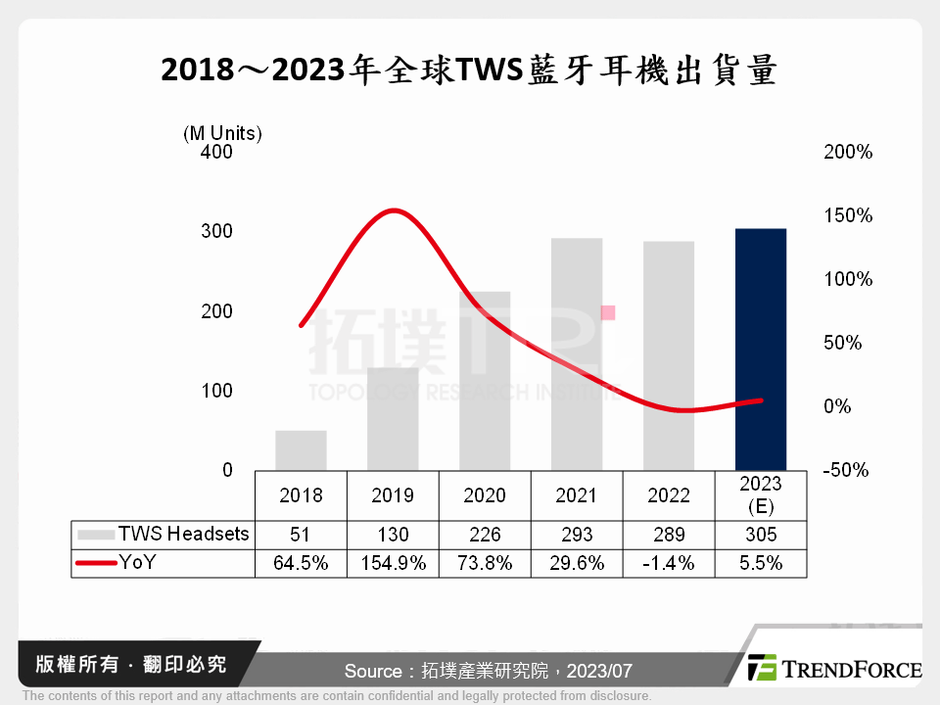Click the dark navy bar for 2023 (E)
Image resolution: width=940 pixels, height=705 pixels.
click(761, 350)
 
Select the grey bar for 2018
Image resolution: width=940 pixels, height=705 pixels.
click(301, 450)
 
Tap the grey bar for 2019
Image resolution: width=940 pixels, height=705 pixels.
click(393, 419)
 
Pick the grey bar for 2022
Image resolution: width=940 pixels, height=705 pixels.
click(669, 355)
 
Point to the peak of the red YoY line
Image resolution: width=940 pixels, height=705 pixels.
click(392, 211)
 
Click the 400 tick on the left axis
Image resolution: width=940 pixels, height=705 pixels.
click(218, 152)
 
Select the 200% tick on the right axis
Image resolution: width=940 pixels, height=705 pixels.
click(848, 152)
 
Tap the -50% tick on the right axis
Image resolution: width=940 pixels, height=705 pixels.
click(846, 470)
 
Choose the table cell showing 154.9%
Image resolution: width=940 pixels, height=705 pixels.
click(393, 563)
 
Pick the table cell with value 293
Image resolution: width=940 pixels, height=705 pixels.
click(576, 535)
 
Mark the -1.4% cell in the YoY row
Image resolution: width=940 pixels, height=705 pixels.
click(669, 563)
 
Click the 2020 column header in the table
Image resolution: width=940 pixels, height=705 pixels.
click(485, 495)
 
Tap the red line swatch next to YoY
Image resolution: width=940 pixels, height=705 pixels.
click(96, 563)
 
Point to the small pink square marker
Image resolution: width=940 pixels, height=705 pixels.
click(607, 312)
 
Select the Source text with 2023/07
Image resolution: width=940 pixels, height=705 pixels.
click(488, 672)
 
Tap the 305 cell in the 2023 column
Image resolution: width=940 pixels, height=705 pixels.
click(761, 535)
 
